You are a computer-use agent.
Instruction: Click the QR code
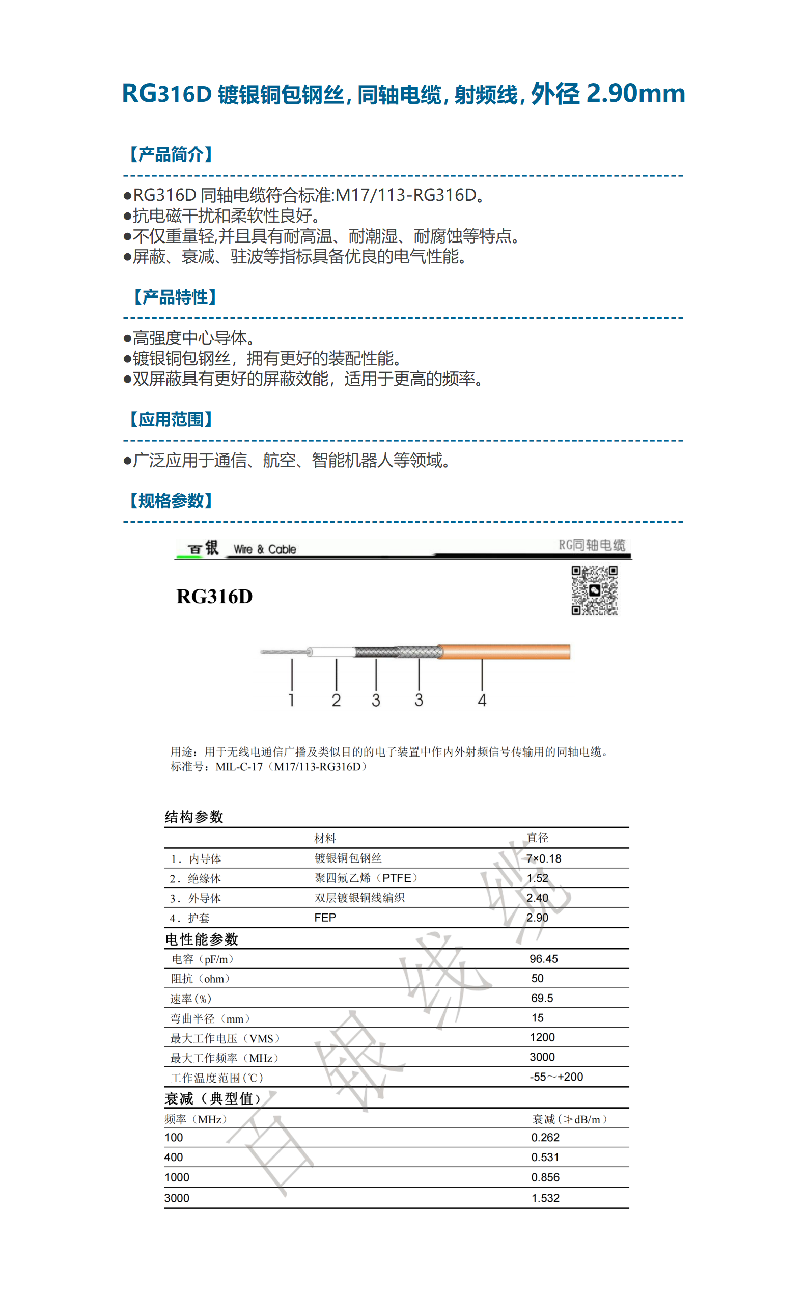(x=594, y=590)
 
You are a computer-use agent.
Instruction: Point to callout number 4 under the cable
(x=482, y=700)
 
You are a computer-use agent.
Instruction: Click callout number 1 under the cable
(x=291, y=700)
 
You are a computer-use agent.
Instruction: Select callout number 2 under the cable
(x=336, y=700)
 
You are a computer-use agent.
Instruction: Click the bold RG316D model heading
(x=214, y=596)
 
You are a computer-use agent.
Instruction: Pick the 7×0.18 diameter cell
(x=543, y=858)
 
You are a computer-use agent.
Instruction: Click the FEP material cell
(x=325, y=918)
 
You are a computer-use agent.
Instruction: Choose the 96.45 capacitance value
(x=543, y=958)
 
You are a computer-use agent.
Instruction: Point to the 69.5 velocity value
(x=542, y=998)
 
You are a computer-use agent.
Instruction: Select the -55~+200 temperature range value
(x=556, y=1076)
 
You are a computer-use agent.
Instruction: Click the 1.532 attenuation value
(x=545, y=1197)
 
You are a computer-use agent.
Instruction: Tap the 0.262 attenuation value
(x=545, y=1137)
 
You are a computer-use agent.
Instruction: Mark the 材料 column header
(x=325, y=838)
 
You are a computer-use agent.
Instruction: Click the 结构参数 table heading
(x=193, y=816)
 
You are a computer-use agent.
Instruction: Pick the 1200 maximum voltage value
(x=542, y=1037)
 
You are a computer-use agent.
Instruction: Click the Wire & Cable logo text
(x=265, y=549)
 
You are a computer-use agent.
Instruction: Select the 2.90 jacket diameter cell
(x=537, y=918)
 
